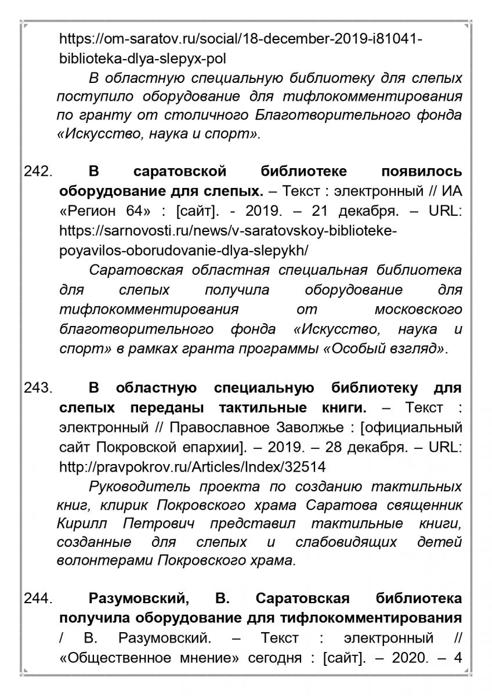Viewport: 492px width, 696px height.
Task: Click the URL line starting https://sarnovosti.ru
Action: tap(228, 230)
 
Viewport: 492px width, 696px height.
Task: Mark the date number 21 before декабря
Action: tap(331, 211)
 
